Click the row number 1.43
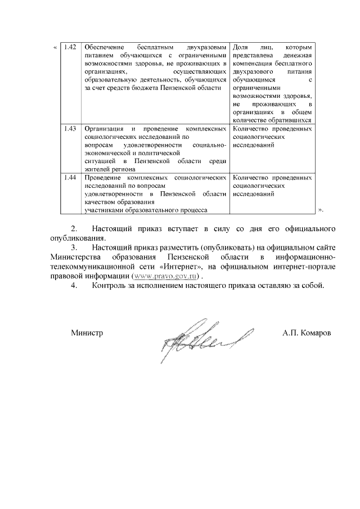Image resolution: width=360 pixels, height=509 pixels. [x=70, y=128]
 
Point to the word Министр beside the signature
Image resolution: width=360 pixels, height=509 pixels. [x=87, y=332]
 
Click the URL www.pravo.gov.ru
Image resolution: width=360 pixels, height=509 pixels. [x=167, y=277]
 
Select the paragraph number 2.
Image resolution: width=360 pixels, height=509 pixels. [x=73, y=229]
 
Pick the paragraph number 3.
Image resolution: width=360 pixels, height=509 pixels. [x=73, y=247]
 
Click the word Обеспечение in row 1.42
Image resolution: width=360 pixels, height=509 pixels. [x=105, y=46]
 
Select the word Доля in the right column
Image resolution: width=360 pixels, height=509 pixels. [x=240, y=46]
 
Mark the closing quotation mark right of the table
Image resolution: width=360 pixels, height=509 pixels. [x=321, y=209]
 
